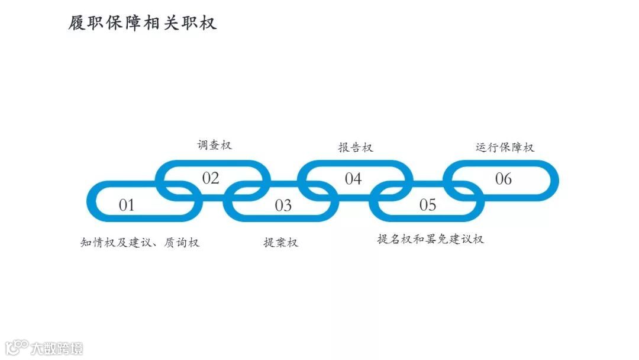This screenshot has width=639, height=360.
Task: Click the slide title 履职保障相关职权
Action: click(x=143, y=22)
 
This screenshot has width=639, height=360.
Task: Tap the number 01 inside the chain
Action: click(x=127, y=205)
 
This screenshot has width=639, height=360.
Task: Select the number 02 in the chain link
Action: click(x=211, y=178)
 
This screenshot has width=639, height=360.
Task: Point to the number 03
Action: click(x=283, y=205)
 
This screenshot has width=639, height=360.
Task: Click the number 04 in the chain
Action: click(x=353, y=178)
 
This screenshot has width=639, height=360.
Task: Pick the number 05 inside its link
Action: click(x=428, y=205)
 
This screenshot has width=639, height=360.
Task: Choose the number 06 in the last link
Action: click(x=504, y=178)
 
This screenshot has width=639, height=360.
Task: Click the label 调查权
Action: click(x=215, y=145)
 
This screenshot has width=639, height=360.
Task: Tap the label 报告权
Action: click(x=356, y=147)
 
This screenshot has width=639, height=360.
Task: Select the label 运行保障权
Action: click(x=505, y=147)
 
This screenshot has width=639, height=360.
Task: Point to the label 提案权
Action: click(x=281, y=242)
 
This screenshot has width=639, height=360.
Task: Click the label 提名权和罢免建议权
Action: click(x=431, y=239)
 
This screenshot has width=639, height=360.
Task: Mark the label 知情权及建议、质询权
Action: click(x=140, y=242)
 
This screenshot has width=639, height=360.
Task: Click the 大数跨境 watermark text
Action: click(x=57, y=348)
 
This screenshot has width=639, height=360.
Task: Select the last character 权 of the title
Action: click(x=208, y=22)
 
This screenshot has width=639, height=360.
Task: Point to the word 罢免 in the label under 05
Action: click(x=437, y=239)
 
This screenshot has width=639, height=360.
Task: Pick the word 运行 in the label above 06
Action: click(x=488, y=147)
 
